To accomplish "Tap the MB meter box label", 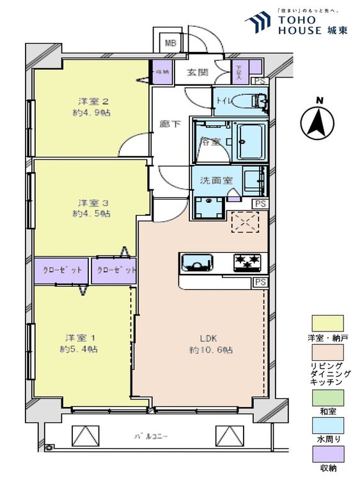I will [170, 44].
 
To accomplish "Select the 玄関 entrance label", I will [198, 72].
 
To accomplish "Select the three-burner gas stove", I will [247, 262].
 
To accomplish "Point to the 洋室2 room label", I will [91, 101].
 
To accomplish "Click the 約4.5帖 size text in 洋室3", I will [91, 213].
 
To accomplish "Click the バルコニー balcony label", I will [151, 436].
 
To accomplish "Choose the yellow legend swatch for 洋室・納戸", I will [327, 323].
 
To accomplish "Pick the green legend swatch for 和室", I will [327, 397].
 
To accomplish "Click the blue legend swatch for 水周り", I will [327, 426].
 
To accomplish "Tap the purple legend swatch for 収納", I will [327, 454].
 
